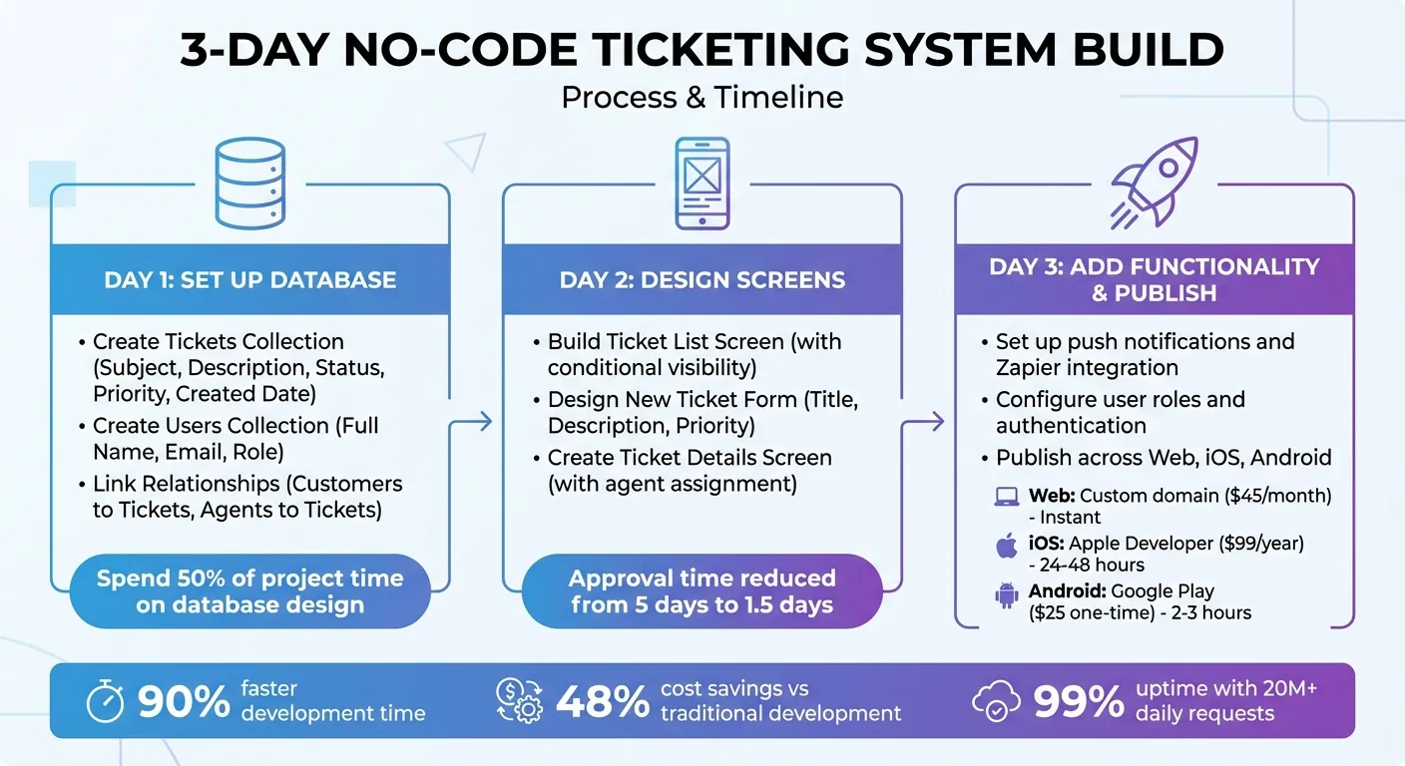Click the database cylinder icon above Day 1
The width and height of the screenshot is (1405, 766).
(250, 183)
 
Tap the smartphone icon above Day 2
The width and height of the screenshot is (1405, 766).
(702, 183)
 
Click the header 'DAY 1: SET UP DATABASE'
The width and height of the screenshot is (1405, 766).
(250, 279)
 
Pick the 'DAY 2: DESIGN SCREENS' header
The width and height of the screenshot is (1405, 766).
(702, 279)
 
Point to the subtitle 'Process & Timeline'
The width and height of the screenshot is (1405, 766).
(702, 98)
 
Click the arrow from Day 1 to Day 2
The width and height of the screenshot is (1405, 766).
(483, 422)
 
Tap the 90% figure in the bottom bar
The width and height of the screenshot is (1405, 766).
(184, 702)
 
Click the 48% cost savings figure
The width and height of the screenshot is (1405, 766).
(603, 702)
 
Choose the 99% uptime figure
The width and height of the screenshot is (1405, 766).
(1079, 702)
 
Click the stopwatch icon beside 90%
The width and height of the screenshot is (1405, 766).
(106, 702)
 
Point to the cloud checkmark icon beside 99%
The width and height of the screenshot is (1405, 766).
(996, 702)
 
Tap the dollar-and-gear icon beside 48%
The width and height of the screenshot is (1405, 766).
(519, 701)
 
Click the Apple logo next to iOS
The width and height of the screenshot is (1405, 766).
(1007, 546)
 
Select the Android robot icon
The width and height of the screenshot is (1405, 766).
(1007, 596)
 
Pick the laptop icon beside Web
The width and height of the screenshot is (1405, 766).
(1007, 497)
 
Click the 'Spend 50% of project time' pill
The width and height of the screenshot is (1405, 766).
(250, 590)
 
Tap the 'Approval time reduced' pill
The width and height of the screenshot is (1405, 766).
(702, 590)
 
